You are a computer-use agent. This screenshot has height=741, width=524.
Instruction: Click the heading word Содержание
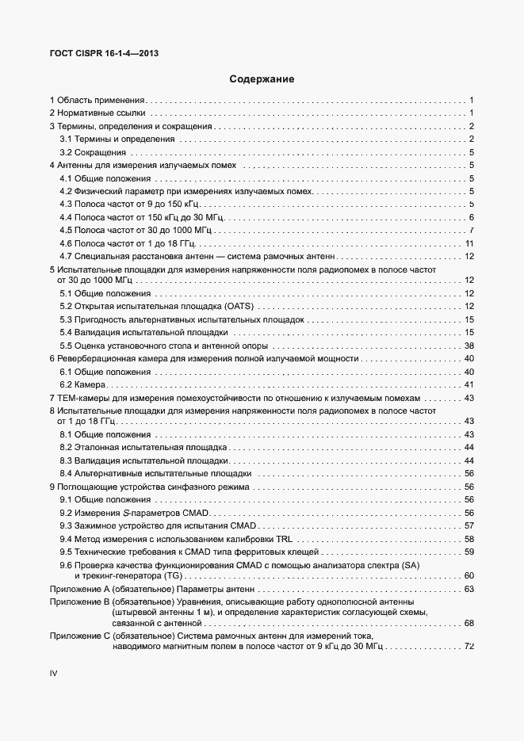pos(262,79)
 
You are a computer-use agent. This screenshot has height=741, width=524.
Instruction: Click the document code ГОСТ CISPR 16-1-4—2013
pos(103,53)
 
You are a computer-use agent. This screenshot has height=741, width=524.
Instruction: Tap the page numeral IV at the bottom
pos(54,673)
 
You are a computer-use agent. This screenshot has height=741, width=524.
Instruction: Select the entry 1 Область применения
pos(98,101)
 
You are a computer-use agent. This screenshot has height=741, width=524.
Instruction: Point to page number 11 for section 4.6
pos(469,243)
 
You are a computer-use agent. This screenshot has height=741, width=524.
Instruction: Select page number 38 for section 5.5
pos(469,346)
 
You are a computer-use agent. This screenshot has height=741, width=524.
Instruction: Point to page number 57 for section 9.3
pos(469,526)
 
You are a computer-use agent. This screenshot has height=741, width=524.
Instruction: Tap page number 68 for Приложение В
pos(469,623)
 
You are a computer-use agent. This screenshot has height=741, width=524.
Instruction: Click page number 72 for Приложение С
pos(469,647)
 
